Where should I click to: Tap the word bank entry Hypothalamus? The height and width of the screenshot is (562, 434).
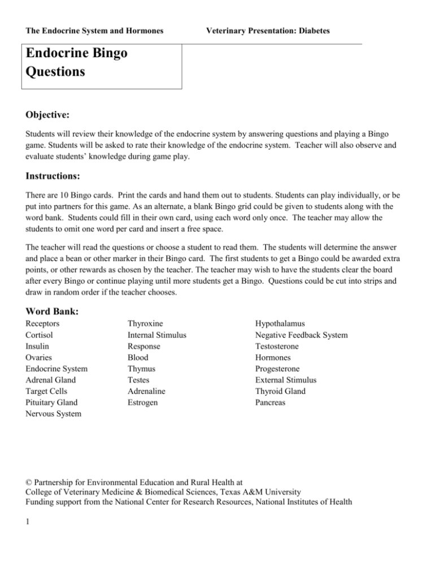(280, 324)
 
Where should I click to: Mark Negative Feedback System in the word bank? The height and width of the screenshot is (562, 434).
(301, 335)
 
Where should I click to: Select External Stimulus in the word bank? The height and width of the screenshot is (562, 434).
(286, 381)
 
